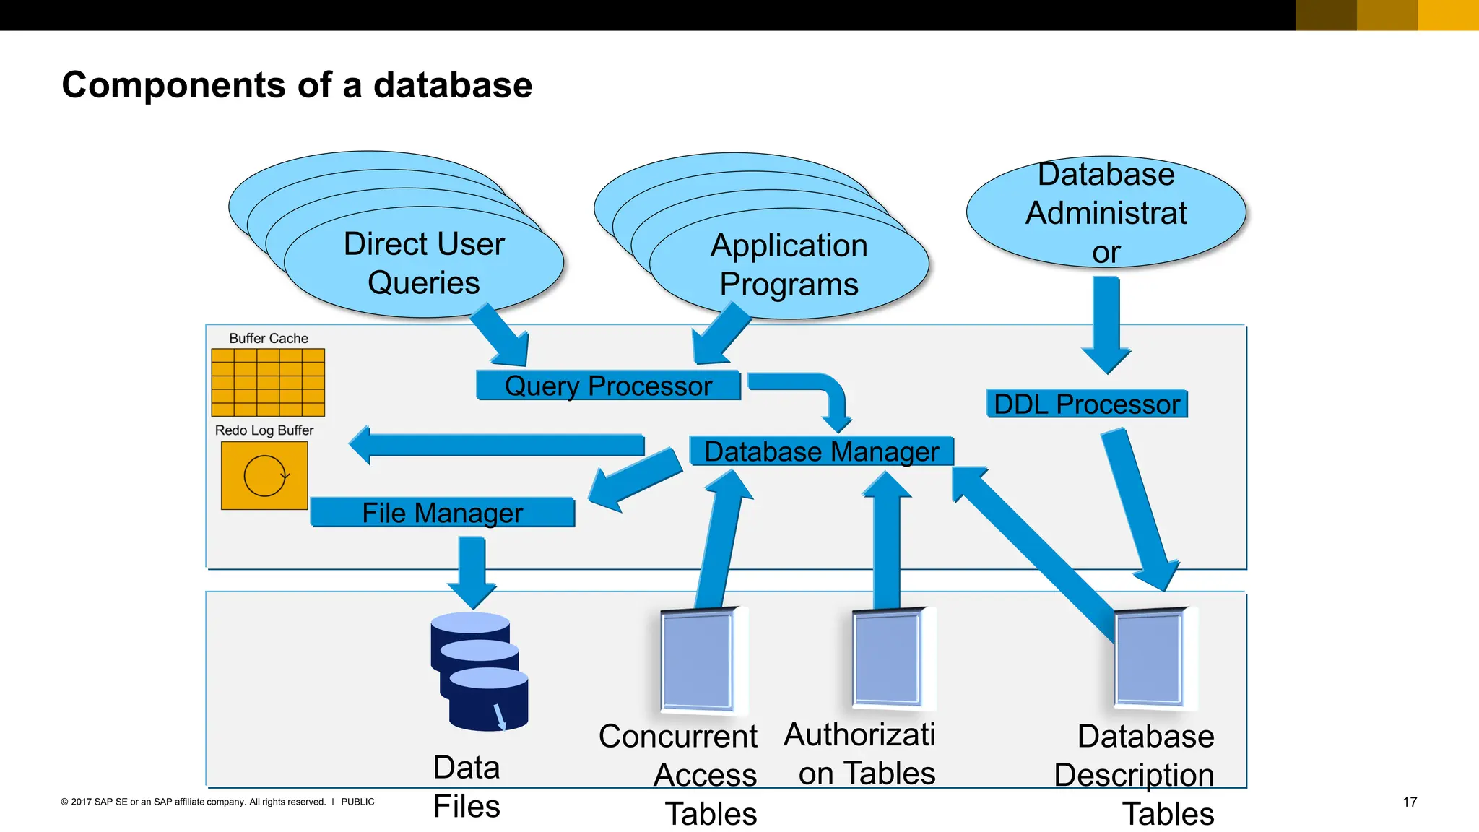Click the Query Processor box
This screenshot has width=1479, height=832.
pos(608,386)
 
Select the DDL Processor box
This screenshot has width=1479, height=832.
pos(1086,404)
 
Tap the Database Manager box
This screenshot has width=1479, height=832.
pos(821,451)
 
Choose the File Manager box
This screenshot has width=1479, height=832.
pos(442,513)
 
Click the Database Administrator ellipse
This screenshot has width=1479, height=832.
pos(1106,212)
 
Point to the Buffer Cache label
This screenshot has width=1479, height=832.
pos(268,338)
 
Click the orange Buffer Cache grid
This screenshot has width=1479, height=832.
pos(268,383)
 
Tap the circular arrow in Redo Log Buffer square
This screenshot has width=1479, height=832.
pos(265,476)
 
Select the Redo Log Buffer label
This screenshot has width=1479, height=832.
pos(264,430)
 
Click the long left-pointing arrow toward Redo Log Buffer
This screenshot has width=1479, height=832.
pos(498,445)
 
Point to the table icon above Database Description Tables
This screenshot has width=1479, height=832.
pos(1151,657)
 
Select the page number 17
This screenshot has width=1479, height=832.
pos(1409,802)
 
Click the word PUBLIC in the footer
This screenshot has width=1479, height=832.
pos(357,802)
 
